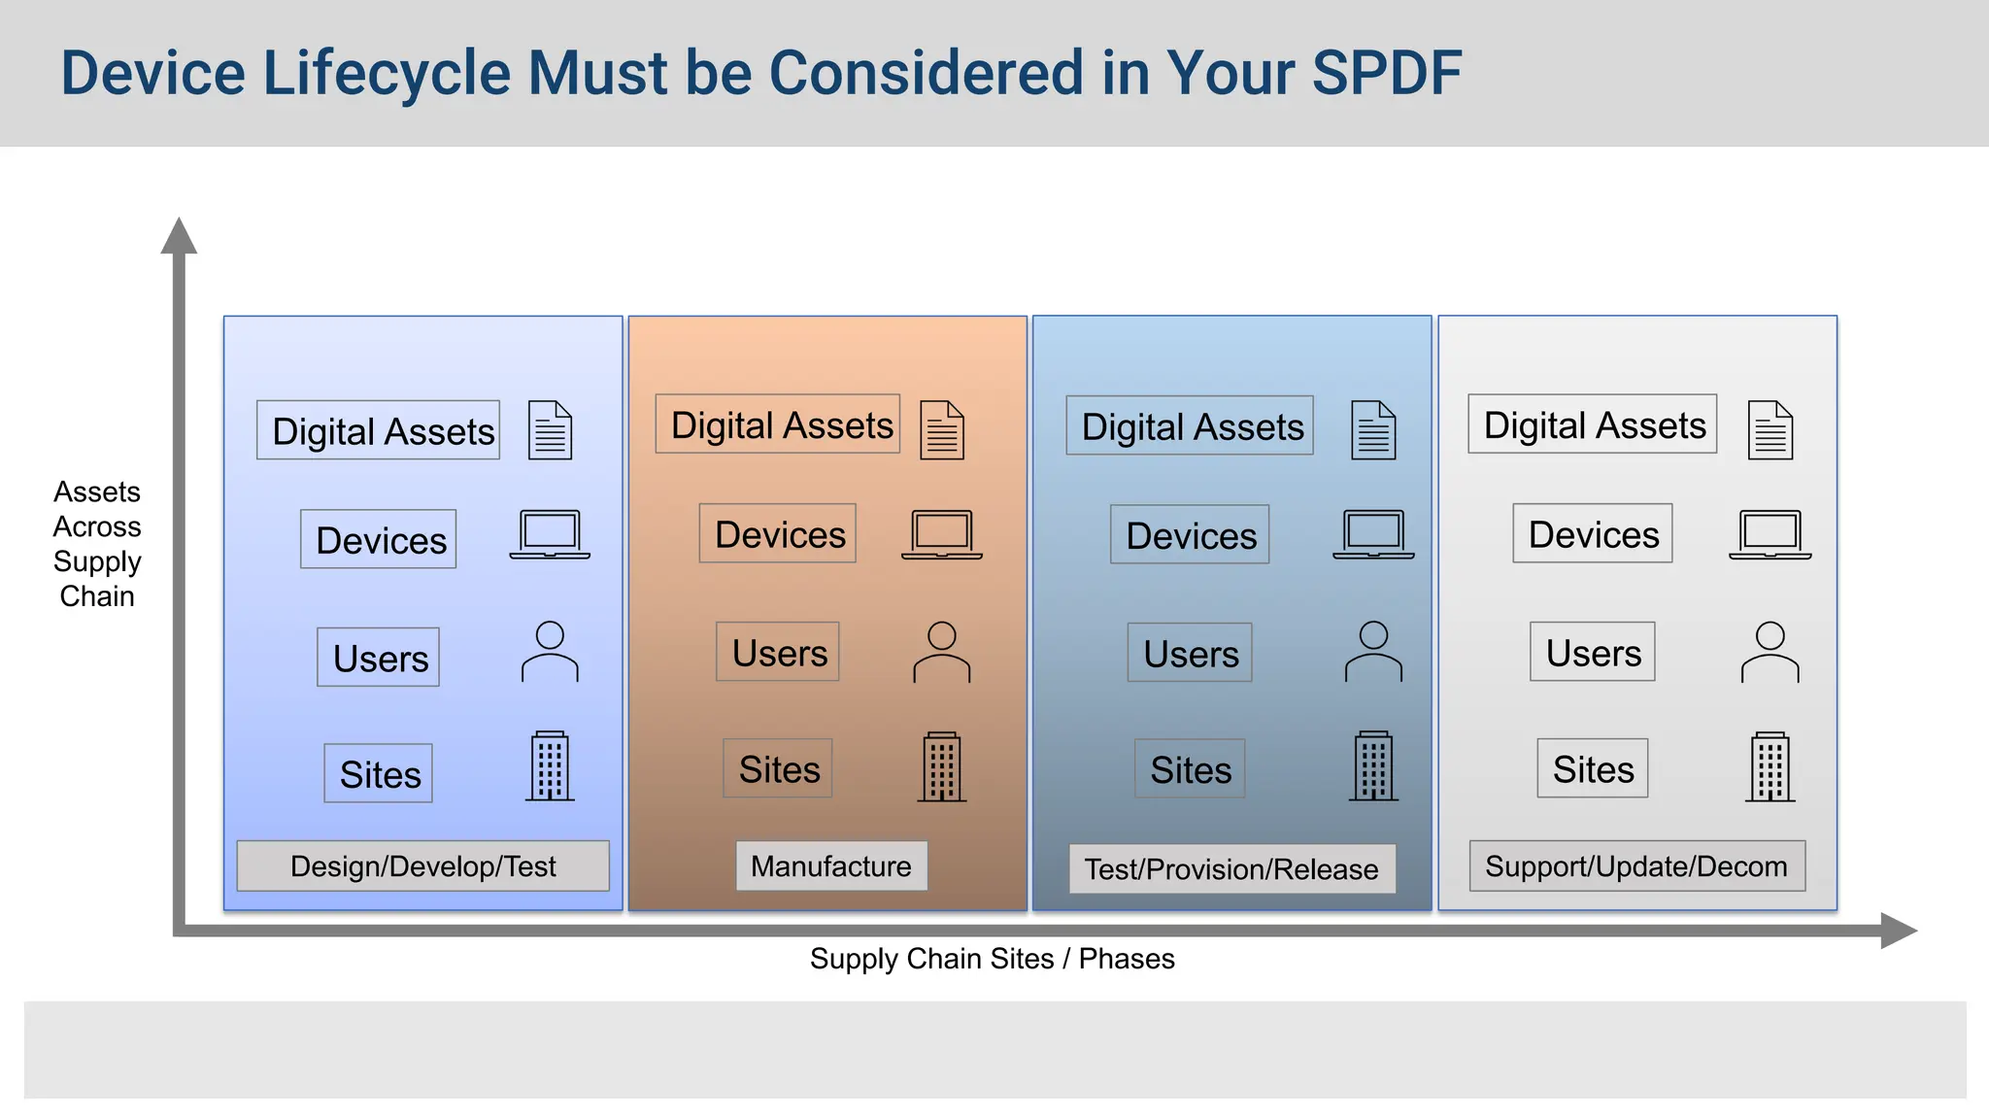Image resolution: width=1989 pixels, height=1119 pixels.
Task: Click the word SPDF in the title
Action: [x=1386, y=73]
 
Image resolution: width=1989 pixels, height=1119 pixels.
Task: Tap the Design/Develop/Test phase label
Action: [x=422, y=865]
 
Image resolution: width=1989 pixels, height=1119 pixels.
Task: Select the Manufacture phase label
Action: [x=831, y=865]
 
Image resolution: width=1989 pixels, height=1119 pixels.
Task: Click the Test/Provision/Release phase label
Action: [x=1231, y=868]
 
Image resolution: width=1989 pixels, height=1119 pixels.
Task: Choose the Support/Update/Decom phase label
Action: [x=1636, y=865]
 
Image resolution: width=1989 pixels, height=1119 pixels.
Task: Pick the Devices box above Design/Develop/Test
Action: [x=379, y=539]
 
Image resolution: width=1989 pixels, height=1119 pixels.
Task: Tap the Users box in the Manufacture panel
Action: [x=778, y=652]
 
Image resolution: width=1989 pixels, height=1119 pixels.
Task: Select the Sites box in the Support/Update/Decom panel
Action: [x=1593, y=768]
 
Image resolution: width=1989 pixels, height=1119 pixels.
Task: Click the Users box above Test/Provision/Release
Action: [x=1190, y=653]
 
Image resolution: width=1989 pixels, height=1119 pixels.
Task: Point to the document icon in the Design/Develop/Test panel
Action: [x=550, y=430]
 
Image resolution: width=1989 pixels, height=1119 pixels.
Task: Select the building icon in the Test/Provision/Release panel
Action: [x=1373, y=766]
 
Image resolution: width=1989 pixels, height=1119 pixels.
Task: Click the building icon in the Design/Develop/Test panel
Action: [x=550, y=766]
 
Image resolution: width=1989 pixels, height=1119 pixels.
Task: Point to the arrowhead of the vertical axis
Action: [x=179, y=236]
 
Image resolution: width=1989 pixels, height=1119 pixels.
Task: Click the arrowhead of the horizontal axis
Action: [x=1898, y=931]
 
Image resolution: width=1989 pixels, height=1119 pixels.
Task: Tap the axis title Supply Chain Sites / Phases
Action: [x=992, y=959]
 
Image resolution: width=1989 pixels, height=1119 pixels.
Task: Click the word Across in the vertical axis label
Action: [x=97, y=526]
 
